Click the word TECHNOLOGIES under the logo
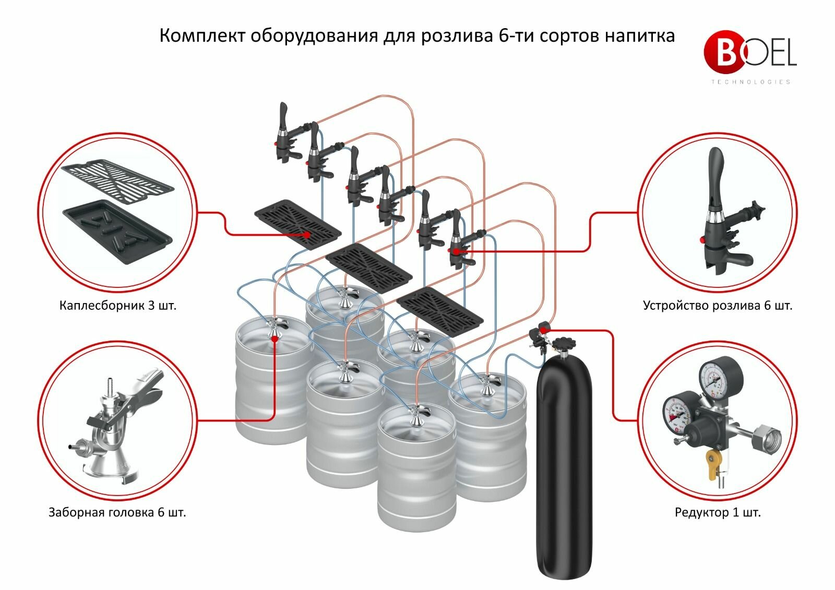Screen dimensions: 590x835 pyautogui.click(x=750, y=82)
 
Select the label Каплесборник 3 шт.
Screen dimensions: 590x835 pyautogui.click(x=118, y=305)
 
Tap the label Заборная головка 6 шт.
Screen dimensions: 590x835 pyautogui.click(x=117, y=512)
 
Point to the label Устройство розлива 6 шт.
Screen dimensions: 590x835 pyautogui.click(x=718, y=305)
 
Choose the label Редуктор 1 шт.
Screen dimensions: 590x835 pyautogui.click(x=718, y=512)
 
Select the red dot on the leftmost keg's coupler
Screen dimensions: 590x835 pyautogui.click(x=275, y=339)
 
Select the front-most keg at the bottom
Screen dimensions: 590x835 pyautogui.click(x=416, y=469)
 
